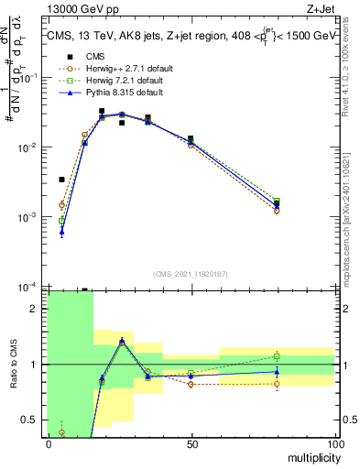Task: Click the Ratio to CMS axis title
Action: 12,364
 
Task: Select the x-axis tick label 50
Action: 191,443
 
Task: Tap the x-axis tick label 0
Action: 48,443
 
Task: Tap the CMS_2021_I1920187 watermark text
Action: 191,272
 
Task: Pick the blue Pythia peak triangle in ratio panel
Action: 122,341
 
